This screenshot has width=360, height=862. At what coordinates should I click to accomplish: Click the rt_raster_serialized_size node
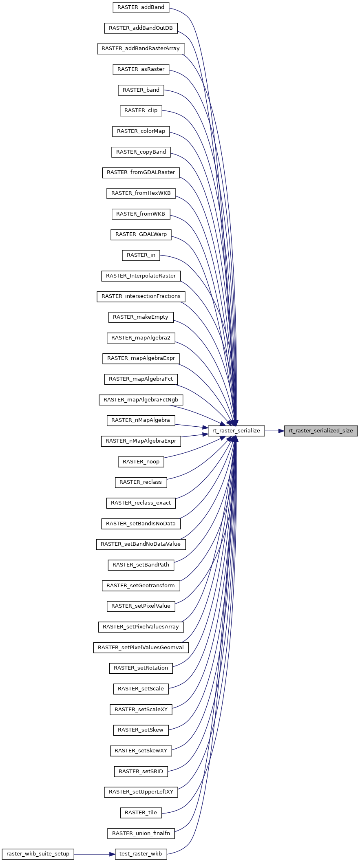coord(320,430)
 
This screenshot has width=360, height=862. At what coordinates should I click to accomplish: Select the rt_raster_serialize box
coord(236,430)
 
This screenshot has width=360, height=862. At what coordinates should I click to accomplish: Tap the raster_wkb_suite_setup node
coord(38,853)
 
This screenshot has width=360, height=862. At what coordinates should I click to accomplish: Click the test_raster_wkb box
coord(141,853)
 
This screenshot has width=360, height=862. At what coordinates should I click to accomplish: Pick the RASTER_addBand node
coord(141,7)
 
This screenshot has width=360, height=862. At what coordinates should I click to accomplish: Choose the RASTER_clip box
coord(141,110)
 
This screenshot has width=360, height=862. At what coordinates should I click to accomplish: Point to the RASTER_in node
coord(141,255)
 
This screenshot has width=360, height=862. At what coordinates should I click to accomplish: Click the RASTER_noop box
coord(141,462)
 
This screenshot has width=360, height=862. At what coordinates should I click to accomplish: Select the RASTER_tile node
coord(141,812)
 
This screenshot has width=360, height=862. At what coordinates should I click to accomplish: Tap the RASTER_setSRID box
coord(141,771)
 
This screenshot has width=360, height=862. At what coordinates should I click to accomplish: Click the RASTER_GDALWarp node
coord(141,234)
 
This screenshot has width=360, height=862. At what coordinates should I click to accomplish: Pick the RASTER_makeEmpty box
coord(141,317)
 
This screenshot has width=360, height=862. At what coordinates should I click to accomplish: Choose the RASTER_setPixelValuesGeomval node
coord(141,648)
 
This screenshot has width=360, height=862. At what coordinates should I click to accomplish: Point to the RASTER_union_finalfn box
coord(141,833)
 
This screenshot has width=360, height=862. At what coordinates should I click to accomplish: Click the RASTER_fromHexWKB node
coord(141,193)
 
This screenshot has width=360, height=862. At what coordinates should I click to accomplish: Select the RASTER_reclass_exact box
coord(141,503)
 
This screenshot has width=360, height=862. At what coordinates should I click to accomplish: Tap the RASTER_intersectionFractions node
coord(141,296)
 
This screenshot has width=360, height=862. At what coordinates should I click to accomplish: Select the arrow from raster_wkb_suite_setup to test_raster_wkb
coord(94,853)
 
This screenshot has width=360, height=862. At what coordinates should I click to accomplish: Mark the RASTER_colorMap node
coord(141,131)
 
